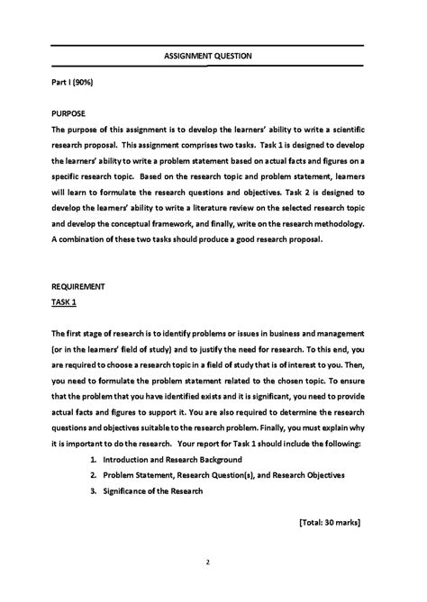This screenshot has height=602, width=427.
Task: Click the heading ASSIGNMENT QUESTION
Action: pyautogui.click(x=207, y=56)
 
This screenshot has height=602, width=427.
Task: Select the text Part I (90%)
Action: pyautogui.click(x=71, y=82)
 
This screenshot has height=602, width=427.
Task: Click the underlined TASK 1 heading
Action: pyautogui.click(x=63, y=302)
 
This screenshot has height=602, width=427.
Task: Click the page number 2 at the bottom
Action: pyautogui.click(x=207, y=563)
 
